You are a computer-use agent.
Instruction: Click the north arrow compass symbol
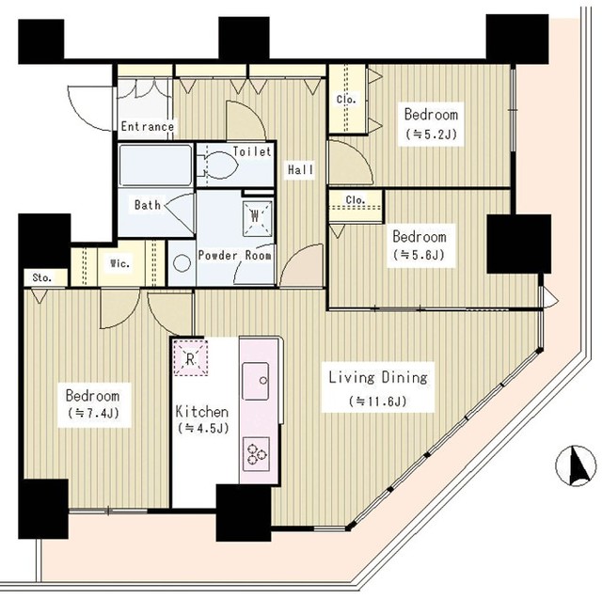pos(576,465)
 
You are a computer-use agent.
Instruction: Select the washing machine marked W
pos(257,217)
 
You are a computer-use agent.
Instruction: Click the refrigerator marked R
pos(190,357)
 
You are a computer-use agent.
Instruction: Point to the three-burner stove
pos(256,453)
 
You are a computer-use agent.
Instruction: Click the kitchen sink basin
pos(255,381)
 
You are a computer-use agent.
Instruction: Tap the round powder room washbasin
pos(182,263)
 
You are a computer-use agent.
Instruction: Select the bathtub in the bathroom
pos(155,165)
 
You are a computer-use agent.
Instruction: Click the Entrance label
pos(148,126)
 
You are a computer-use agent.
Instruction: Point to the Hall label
pos(301,169)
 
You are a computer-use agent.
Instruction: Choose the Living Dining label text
pos(378,378)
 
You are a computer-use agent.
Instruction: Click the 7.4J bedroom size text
pos(94,413)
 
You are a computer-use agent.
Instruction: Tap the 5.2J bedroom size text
pos(432,134)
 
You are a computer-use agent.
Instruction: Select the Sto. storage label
pos(42,277)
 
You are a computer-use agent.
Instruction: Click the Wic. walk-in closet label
pos(120,263)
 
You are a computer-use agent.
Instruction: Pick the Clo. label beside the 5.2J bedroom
pos(346,99)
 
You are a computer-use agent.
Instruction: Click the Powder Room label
pos(234,255)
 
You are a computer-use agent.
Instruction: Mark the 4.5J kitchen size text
pos(203,428)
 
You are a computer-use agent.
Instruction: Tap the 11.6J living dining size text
pos(378,401)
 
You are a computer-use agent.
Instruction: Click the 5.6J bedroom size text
pos(420,255)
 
